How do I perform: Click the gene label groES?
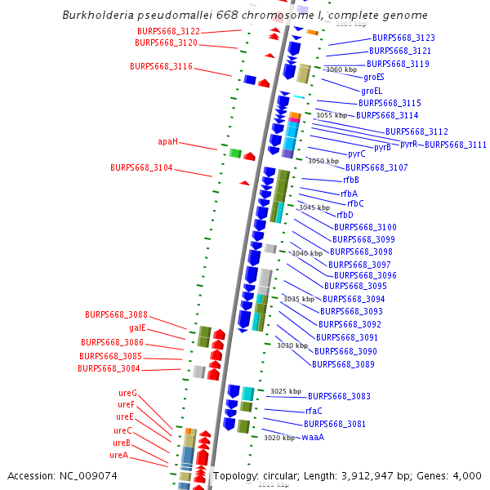374,77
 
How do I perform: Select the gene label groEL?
372,91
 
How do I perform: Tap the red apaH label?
167,141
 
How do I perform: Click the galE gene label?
137,327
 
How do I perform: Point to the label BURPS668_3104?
141,167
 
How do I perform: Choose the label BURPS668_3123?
403,38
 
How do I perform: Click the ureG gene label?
127,393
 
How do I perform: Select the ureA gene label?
119,455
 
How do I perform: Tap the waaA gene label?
313,437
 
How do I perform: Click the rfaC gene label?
314,411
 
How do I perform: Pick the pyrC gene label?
357,154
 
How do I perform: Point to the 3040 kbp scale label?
307,253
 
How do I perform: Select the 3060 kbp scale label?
341,69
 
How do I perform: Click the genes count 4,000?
467,475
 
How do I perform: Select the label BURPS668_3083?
339,396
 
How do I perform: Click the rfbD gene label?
345,215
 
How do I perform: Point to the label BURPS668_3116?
161,66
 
